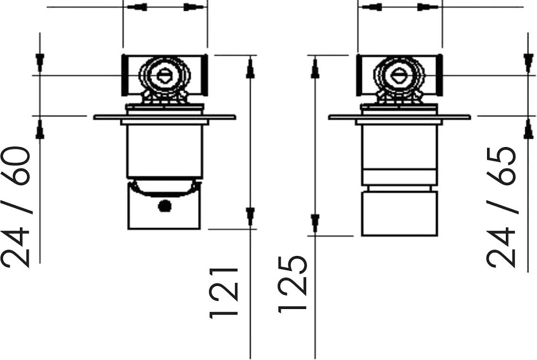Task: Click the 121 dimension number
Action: pyautogui.click(x=223, y=293)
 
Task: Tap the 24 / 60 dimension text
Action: pyautogui.click(x=16, y=207)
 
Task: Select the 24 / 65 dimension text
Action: pyautogui.click(x=501, y=207)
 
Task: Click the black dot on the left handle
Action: pyautogui.click(x=165, y=205)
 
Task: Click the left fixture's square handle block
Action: pyautogui.click(x=164, y=205)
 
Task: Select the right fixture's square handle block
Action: pyautogui.click(x=400, y=214)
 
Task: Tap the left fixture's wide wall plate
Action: pyautogui.click(x=165, y=117)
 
